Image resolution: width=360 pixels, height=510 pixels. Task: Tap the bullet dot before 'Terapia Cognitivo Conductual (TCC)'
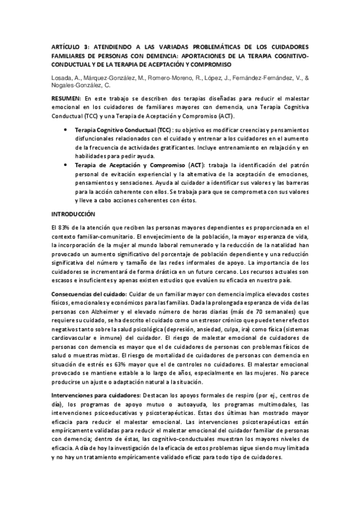click(x=65, y=129)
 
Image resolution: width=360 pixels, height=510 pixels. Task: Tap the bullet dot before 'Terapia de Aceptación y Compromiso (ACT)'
click(x=65, y=166)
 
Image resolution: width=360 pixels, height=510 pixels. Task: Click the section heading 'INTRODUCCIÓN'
click(x=73, y=214)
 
